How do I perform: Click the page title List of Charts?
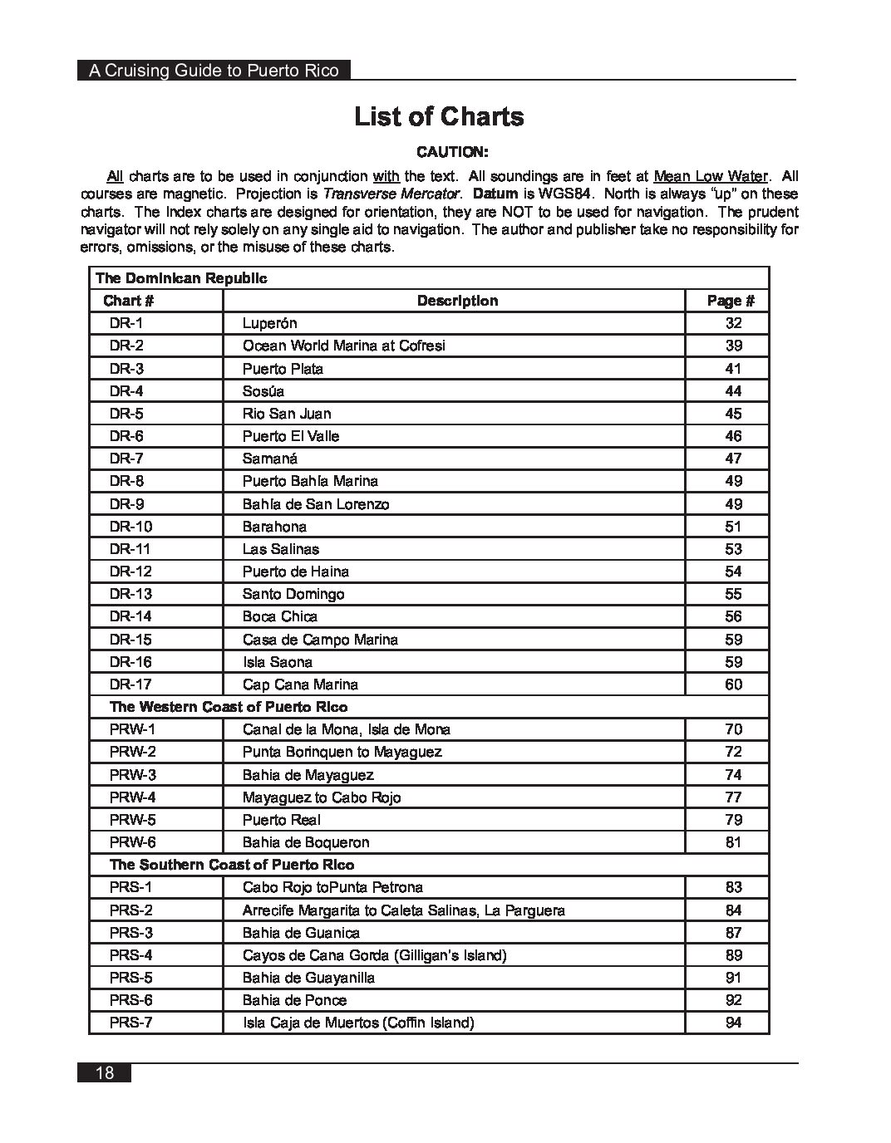(439, 116)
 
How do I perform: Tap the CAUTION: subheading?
(453, 152)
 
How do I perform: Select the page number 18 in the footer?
(105, 1072)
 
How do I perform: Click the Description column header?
(457, 301)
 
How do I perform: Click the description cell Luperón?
(269, 323)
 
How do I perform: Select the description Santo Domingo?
(293, 594)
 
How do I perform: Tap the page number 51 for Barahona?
(733, 527)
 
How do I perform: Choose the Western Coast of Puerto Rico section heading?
(229, 707)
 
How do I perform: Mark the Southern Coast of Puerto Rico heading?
(232, 865)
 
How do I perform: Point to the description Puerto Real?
(281, 820)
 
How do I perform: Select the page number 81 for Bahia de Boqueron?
(733, 842)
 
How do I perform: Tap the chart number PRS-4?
(131, 955)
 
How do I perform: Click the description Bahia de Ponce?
(294, 1000)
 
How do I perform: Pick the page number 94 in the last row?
(733, 1023)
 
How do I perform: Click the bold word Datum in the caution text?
(495, 194)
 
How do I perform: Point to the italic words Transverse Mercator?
(391, 194)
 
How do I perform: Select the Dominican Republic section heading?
(181, 278)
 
